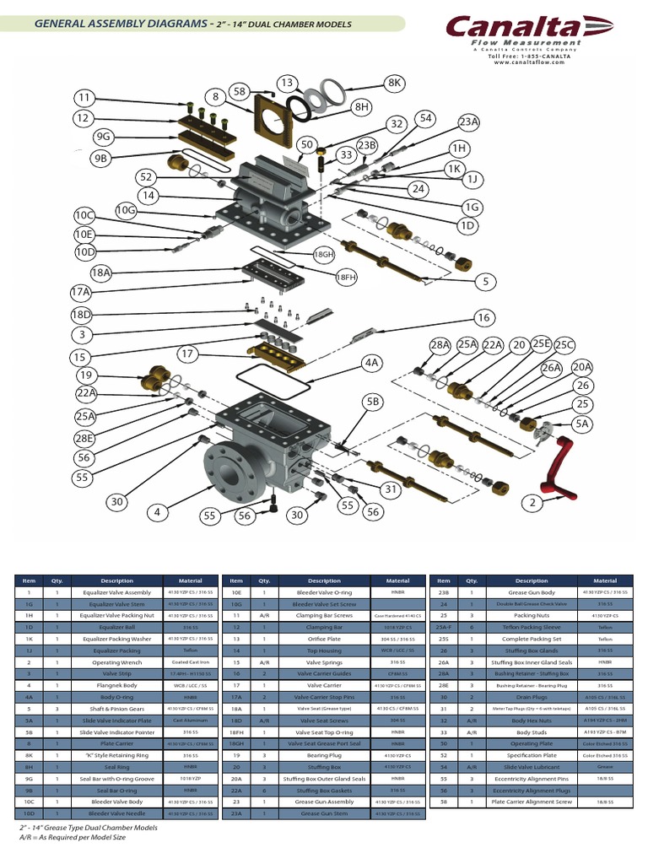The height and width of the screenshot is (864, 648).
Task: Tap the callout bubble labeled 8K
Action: coord(395,83)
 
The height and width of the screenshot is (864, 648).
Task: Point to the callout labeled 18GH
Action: coord(324,254)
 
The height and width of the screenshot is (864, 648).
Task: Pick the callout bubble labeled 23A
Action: coord(468,122)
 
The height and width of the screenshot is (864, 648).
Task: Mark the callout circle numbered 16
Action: coord(482,318)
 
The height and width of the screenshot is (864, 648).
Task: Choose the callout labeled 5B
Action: coord(373,402)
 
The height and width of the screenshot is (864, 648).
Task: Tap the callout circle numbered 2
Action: coord(532,504)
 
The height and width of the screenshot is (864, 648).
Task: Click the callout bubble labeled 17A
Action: coord(81,292)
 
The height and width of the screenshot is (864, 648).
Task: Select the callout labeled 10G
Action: coord(126,209)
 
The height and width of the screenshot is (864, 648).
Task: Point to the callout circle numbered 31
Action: coord(390,489)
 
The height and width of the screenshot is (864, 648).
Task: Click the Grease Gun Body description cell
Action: coord(532,592)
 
